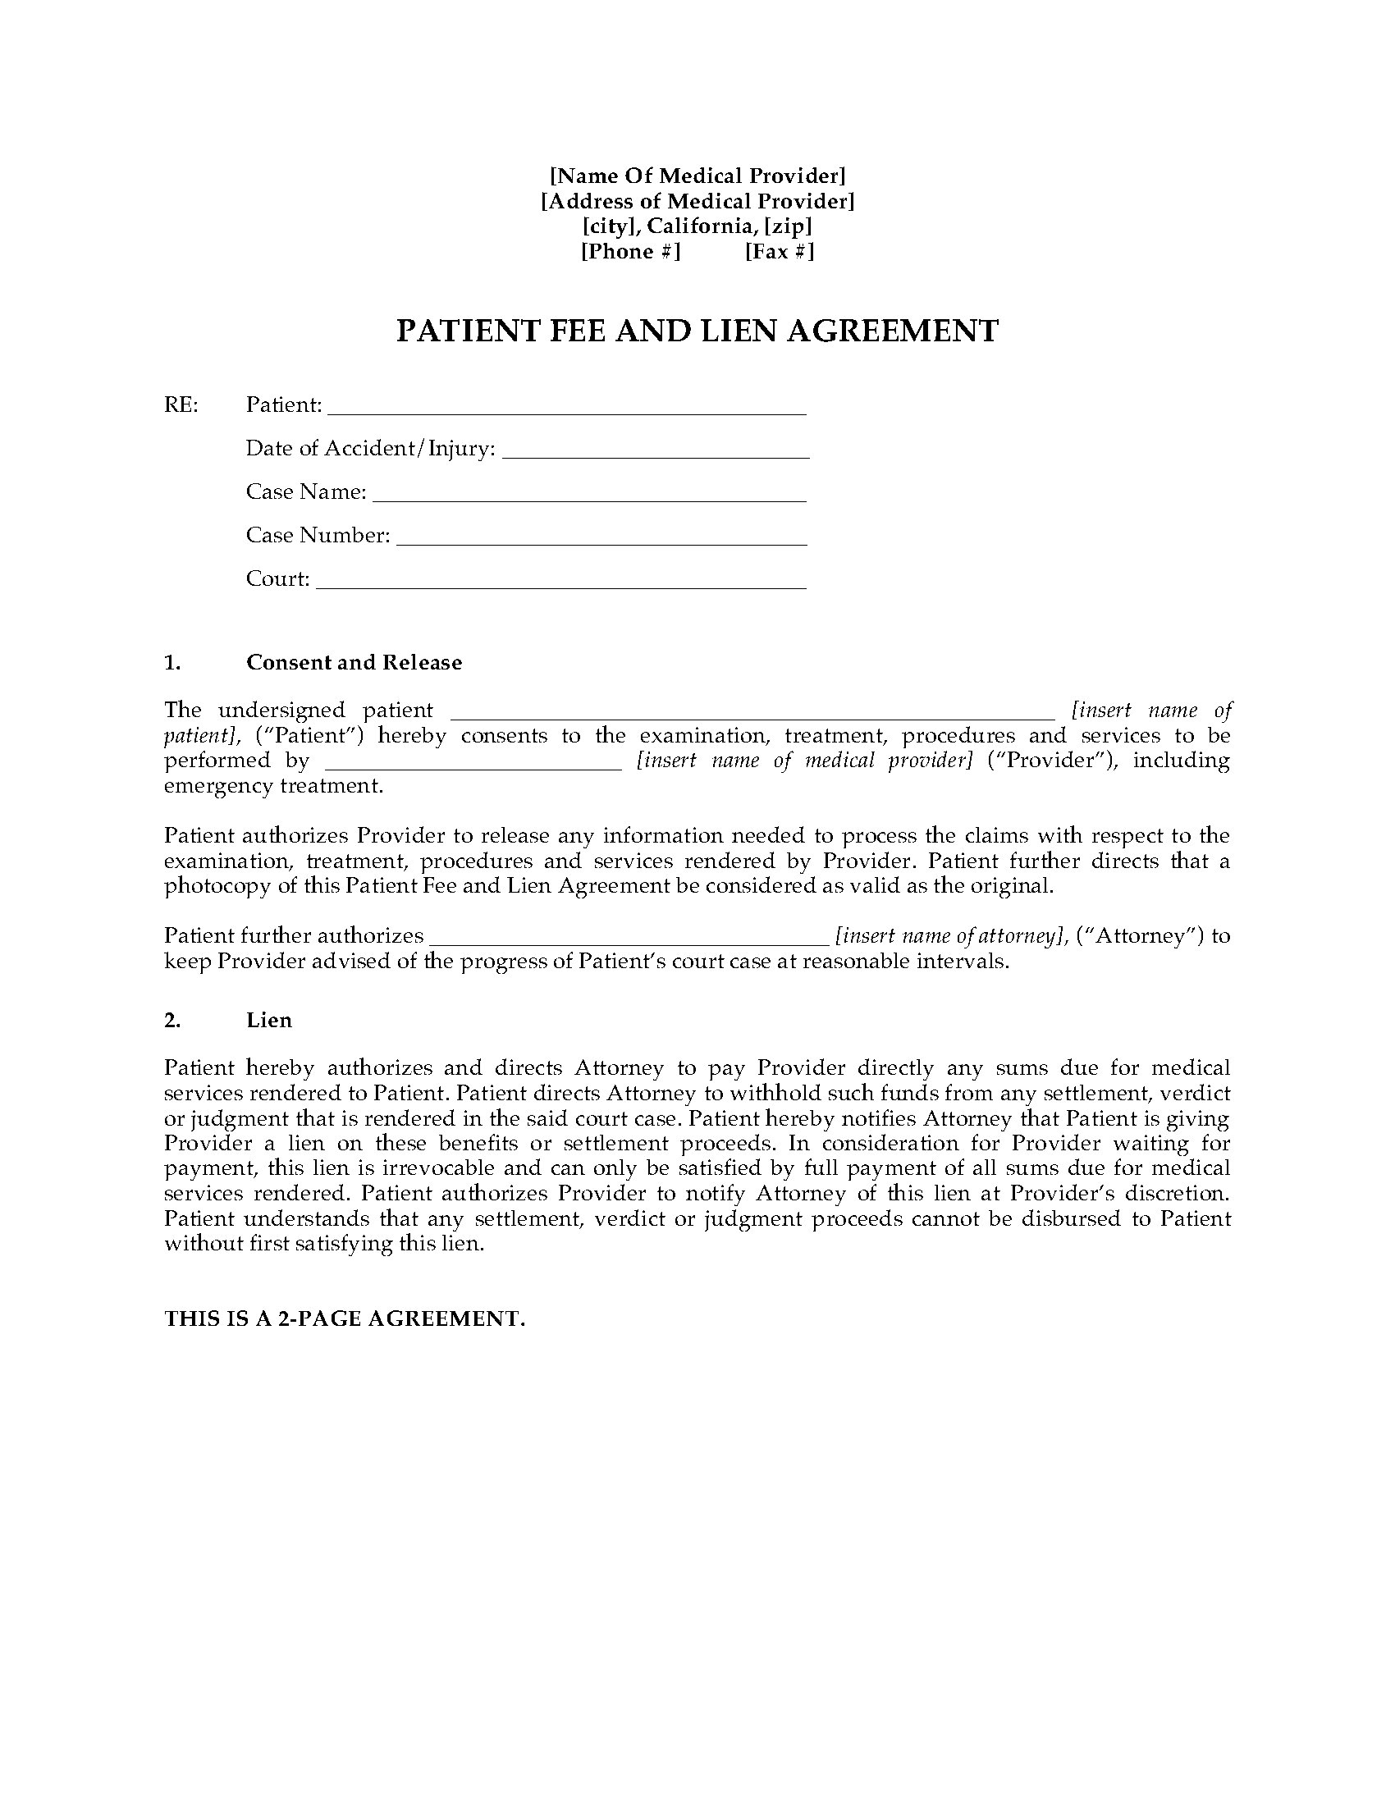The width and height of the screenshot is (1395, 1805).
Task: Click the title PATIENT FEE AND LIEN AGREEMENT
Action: point(697,331)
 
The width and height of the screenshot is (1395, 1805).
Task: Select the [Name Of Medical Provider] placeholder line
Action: point(697,176)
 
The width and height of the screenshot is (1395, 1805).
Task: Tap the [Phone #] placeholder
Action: point(630,251)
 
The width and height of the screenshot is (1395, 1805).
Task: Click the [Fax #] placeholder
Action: point(780,251)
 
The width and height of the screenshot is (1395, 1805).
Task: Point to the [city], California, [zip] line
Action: point(697,226)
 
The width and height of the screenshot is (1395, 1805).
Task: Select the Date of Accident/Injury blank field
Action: point(656,450)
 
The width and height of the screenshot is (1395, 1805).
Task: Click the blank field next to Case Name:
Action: point(589,494)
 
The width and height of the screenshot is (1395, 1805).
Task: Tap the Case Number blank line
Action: point(601,537)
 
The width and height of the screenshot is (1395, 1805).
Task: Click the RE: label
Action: point(181,405)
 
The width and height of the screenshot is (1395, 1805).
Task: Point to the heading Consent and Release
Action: point(354,662)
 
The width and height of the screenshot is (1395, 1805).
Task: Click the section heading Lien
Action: point(268,1020)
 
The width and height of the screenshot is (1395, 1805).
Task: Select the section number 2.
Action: point(172,1020)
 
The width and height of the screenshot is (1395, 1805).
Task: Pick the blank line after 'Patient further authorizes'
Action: point(629,937)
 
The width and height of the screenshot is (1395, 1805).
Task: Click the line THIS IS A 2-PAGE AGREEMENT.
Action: point(345,1318)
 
